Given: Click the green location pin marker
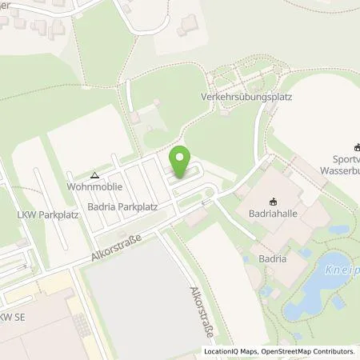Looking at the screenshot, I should point(181,161).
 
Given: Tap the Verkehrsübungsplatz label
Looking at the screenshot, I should point(246,98).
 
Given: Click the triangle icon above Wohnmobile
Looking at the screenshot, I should point(94,174).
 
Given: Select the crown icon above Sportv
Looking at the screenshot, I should point(356,146).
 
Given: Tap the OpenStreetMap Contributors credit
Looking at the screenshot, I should point(309,351).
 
